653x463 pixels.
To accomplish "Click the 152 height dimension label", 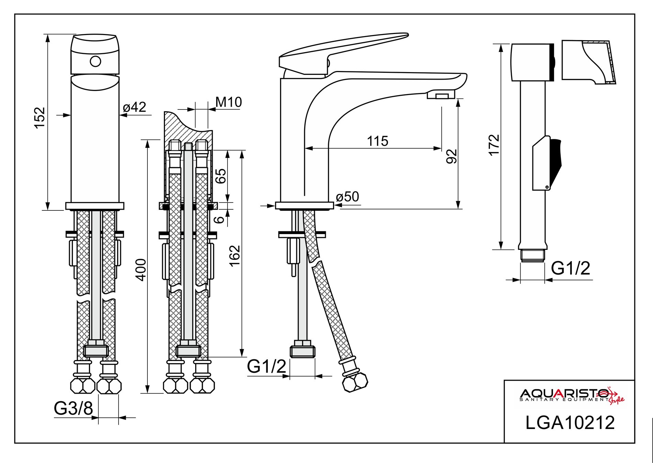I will (40, 117).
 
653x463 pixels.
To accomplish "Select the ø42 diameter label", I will (135, 107).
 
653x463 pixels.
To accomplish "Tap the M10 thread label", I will (229, 102).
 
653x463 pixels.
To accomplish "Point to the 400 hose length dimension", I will (142, 270).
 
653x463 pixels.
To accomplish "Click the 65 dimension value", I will (221, 176).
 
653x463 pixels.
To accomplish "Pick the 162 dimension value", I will (235, 256).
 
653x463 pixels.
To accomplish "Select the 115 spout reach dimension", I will (377, 141).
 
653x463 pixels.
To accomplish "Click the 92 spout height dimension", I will (452, 156).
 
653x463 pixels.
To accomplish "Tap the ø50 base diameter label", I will (347, 197).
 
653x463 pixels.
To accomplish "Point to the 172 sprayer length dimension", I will (494, 145).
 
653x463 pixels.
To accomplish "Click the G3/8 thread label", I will (73, 408).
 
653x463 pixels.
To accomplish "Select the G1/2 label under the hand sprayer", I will (571, 268).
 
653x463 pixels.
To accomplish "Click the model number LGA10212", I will (570, 423).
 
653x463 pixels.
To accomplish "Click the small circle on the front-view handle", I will (96, 61).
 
